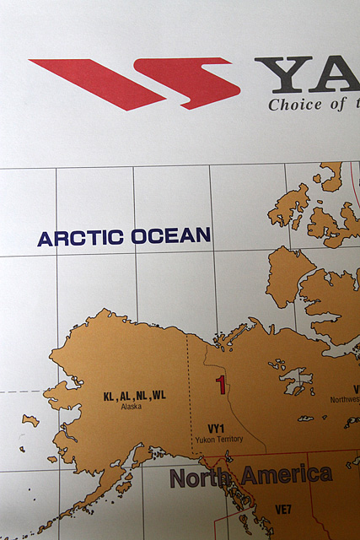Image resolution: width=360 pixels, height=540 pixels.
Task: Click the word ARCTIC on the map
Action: point(81,238)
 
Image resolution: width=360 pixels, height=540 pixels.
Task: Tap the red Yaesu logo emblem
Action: point(135,84)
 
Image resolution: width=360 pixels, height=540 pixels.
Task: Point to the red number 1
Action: point(221,386)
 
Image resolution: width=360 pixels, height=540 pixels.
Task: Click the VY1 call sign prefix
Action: point(217,429)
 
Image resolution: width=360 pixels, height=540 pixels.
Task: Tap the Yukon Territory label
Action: point(218,440)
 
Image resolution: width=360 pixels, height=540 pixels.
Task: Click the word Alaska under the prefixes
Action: point(131,407)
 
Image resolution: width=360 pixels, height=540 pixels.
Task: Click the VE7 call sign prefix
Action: point(283,509)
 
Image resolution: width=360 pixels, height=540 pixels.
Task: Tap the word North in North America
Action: point(202,478)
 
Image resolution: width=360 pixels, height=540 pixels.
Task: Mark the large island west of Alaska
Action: point(30,419)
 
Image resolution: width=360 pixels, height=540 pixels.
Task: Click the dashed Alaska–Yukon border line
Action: point(187,371)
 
